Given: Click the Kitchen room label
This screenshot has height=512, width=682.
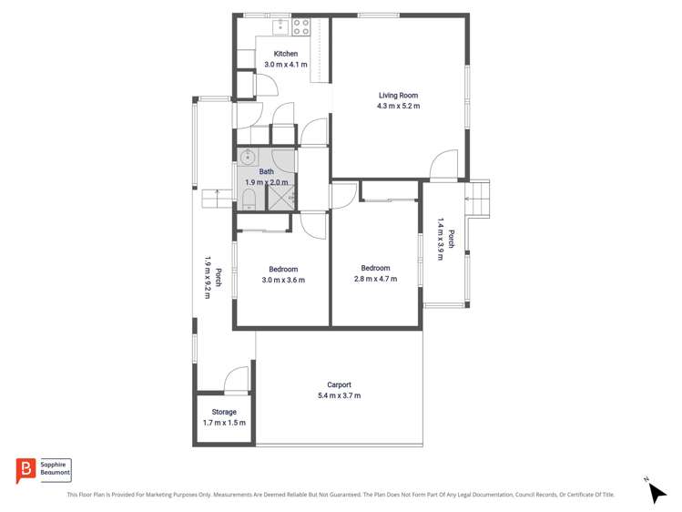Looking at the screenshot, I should point(285,54).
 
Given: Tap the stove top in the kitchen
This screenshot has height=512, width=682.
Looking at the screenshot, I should point(301,27).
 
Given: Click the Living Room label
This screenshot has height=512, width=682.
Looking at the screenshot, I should point(398,95).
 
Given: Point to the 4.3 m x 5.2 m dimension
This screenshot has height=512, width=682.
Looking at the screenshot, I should point(398,106).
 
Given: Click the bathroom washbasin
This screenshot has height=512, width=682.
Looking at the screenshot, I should point(247,158).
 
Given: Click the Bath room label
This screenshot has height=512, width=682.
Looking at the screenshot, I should point(266,171).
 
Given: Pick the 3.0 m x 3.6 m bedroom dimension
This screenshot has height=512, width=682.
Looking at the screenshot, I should point(282,280).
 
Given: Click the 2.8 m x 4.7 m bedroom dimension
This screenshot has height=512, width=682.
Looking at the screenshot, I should point(375,279).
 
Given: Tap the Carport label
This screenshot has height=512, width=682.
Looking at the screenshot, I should point(339,384).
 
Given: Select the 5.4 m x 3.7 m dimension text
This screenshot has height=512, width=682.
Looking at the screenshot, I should point(339,395).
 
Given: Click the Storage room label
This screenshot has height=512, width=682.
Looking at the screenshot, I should point(224,412).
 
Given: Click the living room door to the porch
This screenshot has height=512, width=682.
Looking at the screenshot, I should point(443,164).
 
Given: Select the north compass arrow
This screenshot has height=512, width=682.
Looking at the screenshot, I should point(656,492).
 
